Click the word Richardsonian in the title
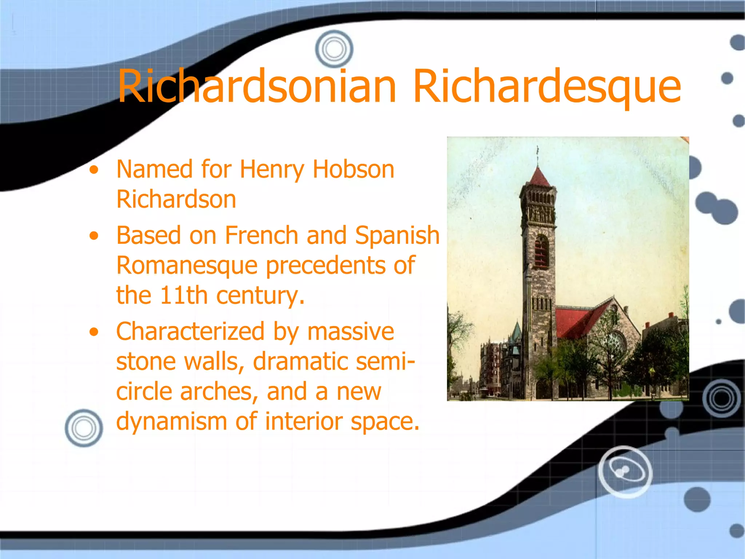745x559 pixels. click(257, 87)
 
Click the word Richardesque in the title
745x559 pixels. click(547, 87)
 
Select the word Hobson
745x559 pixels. click(353, 170)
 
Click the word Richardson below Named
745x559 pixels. click(176, 199)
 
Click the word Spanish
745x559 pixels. click(397, 235)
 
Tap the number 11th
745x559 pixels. click(184, 295)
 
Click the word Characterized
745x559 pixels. click(190, 332)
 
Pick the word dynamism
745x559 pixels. click(171, 421)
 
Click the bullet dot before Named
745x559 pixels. click(94, 170)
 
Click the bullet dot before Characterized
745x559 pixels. click(94, 332)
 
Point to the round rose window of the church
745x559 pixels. click(616, 342)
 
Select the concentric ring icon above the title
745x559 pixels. click(334, 49)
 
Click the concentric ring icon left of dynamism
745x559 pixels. click(84, 428)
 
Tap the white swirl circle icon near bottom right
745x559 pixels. click(625, 472)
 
